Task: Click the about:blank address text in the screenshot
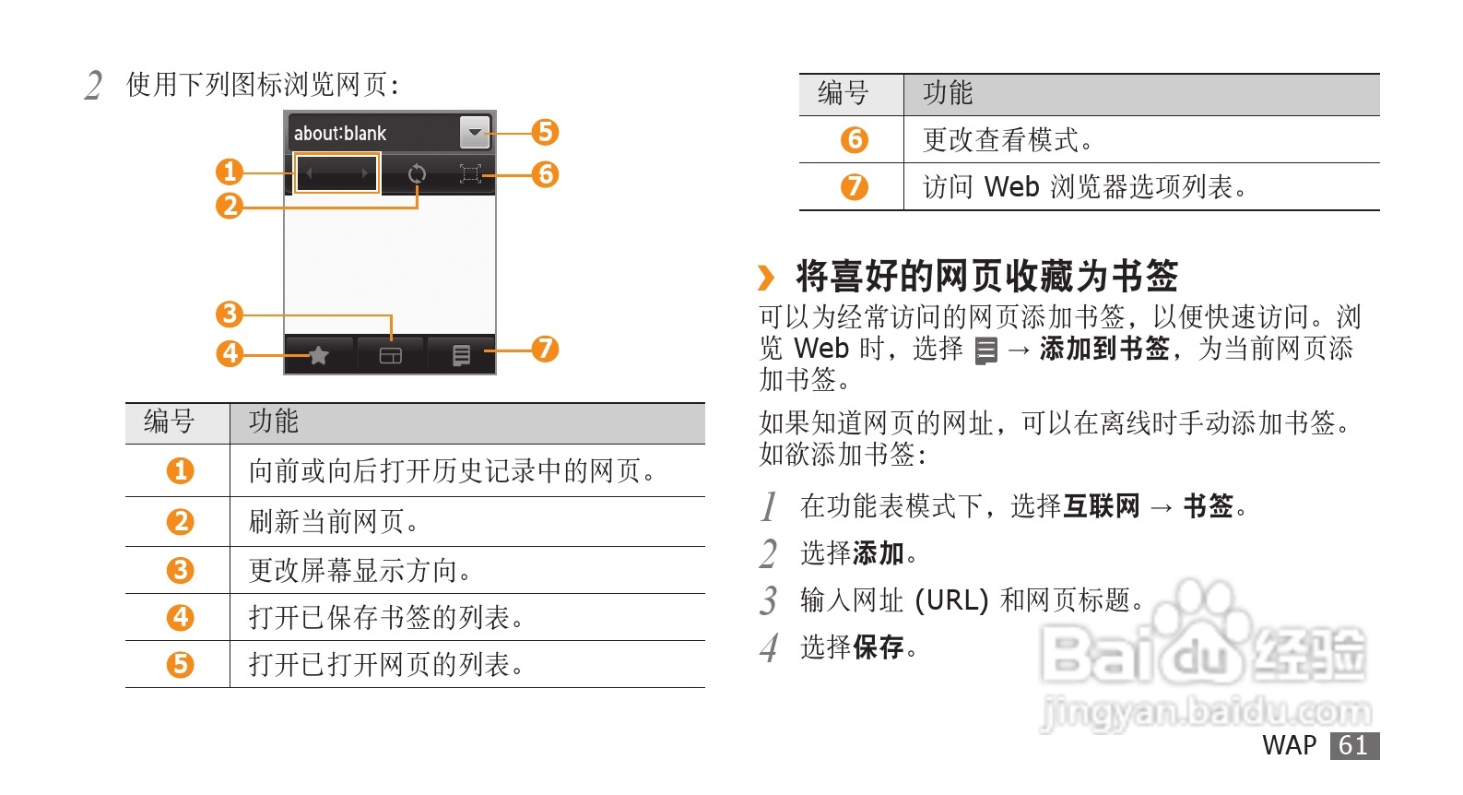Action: (x=340, y=134)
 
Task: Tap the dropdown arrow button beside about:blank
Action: (x=475, y=133)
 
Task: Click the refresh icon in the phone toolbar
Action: (x=417, y=173)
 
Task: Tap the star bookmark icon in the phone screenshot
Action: (x=318, y=355)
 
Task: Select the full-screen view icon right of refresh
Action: (x=470, y=173)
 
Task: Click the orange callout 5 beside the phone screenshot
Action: (x=545, y=132)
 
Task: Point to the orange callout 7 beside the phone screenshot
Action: (x=545, y=349)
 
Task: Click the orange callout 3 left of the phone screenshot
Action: (x=229, y=314)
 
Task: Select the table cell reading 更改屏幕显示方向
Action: (x=360, y=571)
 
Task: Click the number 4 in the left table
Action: (x=180, y=617)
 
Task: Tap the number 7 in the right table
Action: (x=854, y=187)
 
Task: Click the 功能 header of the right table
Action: (x=948, y=93)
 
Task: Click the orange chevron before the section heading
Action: (x=766, y=277)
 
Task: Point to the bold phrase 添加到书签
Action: (x=1104, y=349)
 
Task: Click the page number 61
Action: (x=1353, y=745)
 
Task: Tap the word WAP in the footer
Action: (x=1289, y=745)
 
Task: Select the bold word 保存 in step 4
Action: (x=878, y=647)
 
